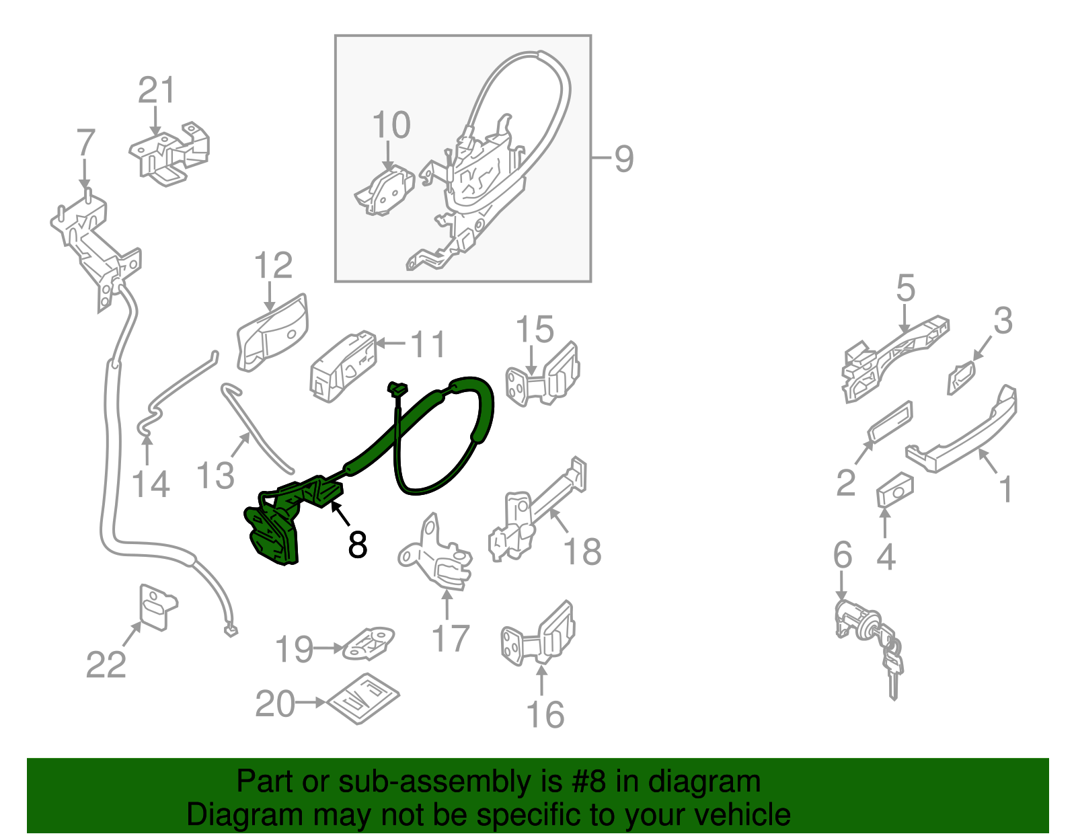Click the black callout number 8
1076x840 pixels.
pyautogui.click(x=357, y=544)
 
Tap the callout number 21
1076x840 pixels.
pyautogui.click(x=156, y=91)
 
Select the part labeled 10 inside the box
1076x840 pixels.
pyautogui.click(x=385, y=191)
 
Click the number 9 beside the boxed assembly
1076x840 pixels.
pyautogui.click(x=623, y=159)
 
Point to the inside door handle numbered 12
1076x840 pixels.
pyautogui.click(x=272, y=332)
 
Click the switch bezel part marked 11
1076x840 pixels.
pyautogui.click(x=342, y=367)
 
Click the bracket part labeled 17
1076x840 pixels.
pyautogui.click(x=437, y=558)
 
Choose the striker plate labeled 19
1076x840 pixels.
pyautogui.click(x=368, y=644)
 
